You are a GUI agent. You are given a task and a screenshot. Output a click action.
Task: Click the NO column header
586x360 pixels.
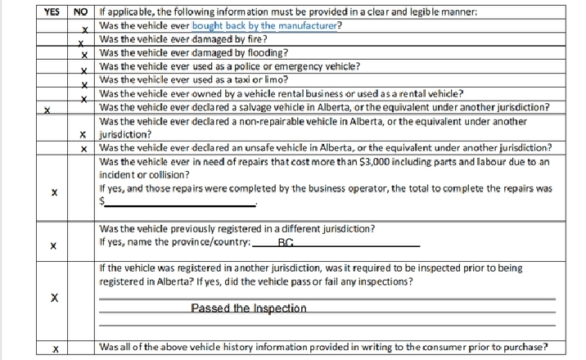pyautogui.click(x=80, y=12)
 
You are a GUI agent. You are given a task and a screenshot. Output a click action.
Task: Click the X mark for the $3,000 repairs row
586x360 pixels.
pyautogui.click(x=54, y=193)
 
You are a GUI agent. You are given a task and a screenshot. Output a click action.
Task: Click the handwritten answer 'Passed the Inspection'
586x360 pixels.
pyautogui.click(x=249, y=308)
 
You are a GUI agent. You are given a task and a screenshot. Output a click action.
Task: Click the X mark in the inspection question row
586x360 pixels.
pyautogui.click(x=54, y=298)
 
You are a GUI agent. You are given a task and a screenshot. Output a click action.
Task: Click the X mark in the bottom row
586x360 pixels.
pyautogui.click(x=55, y=349)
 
